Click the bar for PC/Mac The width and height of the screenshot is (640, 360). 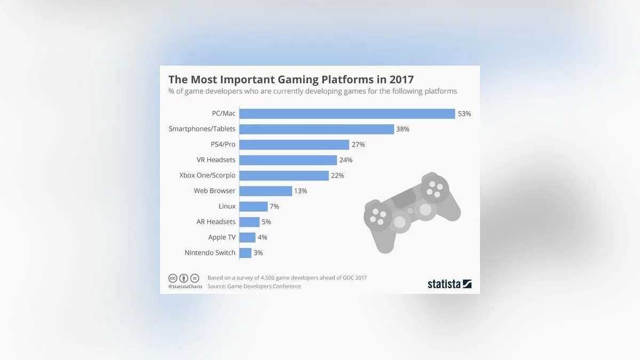tap(347, 114)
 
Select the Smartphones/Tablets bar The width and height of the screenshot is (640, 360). tap(316, 129)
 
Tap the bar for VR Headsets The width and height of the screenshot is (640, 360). tap(288, 160)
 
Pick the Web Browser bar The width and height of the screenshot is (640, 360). tap(266, 191)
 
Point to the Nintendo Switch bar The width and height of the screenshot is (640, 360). tap(245, 253)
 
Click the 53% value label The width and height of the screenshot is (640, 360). tap(465, 114)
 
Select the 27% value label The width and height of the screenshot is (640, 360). tap(358, 145)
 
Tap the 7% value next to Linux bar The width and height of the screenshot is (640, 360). tap(274, 206)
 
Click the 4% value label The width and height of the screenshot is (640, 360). tap(262, 237)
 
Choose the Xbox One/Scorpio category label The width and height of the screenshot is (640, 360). tap(207, 175)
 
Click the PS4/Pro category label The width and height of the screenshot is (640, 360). tap(223, 145)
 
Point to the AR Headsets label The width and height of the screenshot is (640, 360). tap(216, 222)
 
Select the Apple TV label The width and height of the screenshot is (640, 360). tap(222, 237)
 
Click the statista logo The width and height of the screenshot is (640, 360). tap(450, 284)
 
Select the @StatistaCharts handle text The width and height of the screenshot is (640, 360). tap(185, 287)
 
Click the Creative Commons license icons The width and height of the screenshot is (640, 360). tap(184, 278)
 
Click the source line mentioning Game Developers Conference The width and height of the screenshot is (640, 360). tap(254, 286)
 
